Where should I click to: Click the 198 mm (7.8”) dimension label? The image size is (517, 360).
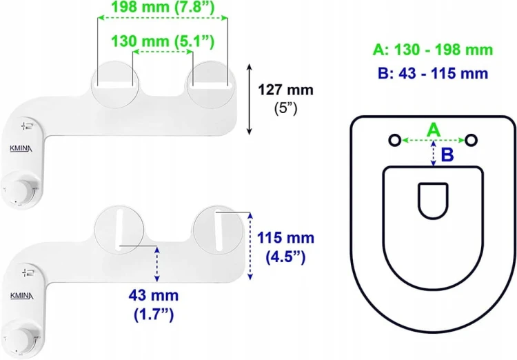(x=163, y=7)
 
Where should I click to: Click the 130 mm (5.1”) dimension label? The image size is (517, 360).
(x=163, y=41)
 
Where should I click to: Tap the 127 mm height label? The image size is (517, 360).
(x=285, y=90)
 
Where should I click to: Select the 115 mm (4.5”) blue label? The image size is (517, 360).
(x=285, y=247)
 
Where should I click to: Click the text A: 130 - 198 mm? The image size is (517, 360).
(x=433, y=50)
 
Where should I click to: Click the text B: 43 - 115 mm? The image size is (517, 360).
(x=433, y=73)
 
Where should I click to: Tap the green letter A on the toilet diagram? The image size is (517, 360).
(x=434, y=130)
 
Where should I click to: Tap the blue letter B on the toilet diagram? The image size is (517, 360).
(x=447, y=154)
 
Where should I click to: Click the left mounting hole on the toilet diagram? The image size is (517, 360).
(x=395, y=140)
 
